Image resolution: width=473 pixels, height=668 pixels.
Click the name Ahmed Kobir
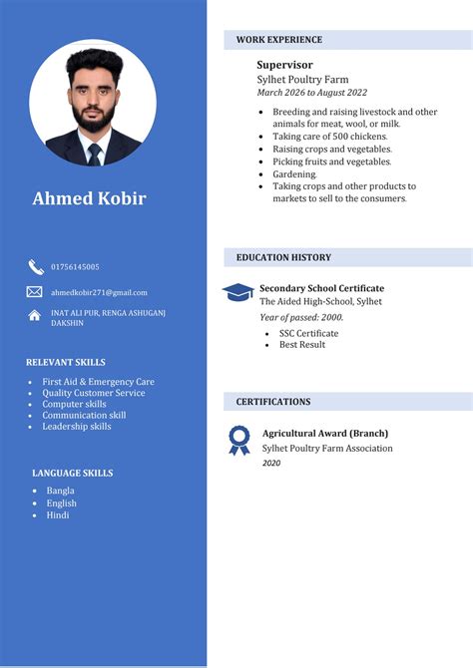[89, 198]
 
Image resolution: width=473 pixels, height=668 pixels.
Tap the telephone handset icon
[35, 266]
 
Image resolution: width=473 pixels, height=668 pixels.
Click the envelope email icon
[35, 292]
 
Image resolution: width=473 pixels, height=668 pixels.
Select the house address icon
[35, 316]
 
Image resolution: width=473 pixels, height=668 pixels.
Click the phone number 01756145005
[75, 267]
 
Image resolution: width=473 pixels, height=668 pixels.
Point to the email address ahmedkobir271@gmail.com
[99, 292]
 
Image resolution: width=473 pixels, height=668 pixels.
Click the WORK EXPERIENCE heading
[279, 40]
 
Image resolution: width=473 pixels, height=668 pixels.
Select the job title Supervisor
[284, 65]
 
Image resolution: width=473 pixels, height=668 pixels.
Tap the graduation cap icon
[237, 292]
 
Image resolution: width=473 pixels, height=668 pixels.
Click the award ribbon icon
[238, 440]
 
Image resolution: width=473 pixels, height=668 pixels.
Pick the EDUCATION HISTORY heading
[283, 257]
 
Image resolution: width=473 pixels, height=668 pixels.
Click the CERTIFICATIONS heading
[273, 402]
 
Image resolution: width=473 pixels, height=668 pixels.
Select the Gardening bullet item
[294, 173]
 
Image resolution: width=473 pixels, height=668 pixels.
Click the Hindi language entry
[58, 515]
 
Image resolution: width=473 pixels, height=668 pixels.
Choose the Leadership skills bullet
[77, 427]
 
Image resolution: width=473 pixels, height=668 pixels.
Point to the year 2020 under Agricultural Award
[271, 463]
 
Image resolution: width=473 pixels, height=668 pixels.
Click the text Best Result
[302, 345]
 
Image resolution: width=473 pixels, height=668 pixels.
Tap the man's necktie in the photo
[94, 153]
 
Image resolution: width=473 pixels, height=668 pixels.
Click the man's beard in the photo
[93, 119]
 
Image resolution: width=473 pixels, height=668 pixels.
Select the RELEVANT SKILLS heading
[66, 362]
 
